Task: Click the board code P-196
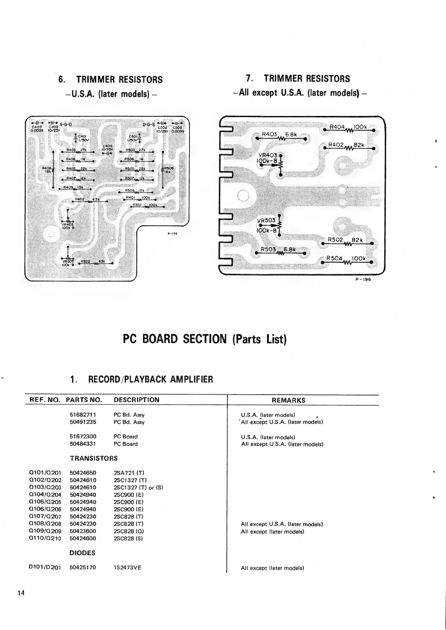point(363,279)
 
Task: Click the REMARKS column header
point(288,400)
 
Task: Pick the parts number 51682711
point(83,415)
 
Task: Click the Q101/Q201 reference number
point(45,473)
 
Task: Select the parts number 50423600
point(83,531)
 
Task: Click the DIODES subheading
point(82,553)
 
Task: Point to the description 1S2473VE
point(127,568)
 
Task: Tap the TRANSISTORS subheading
point(94,458)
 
